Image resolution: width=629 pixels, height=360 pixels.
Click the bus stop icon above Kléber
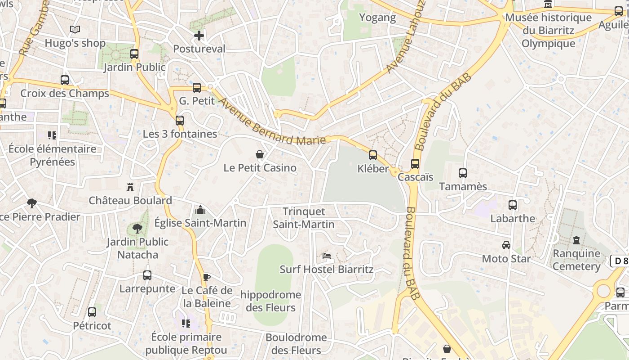coord(372,155)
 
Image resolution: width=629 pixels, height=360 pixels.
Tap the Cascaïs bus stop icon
coord(415,164)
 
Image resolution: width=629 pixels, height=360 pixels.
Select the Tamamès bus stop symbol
coord(462,173)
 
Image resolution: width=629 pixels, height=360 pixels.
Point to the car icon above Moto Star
coord(506,245)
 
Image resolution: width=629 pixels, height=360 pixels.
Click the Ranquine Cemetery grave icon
coord(576,240)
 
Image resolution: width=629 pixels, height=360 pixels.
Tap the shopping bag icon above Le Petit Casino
coord(260,155)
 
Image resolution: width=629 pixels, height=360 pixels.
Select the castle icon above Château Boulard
coord(130,187)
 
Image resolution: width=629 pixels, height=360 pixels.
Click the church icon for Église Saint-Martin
coord(200,210)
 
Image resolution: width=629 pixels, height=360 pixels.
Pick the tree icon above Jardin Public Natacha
coord(137,229)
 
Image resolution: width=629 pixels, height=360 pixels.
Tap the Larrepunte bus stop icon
coord(147,275)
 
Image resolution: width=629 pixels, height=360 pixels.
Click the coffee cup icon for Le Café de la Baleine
coord(206,277)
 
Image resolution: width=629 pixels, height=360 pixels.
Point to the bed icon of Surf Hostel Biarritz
coord(327,256)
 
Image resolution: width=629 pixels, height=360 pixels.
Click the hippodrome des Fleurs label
coord(270,301)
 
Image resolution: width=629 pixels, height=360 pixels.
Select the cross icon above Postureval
coord(199,35)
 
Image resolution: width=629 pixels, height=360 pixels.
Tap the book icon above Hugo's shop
coord(75,30)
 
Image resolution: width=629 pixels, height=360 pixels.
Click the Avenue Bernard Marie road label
coord(272,121)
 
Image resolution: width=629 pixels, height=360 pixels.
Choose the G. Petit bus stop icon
coord(197,88)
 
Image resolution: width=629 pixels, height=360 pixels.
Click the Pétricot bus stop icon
coord(92,312)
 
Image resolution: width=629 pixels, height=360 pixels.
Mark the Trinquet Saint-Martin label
coord(304,218)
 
